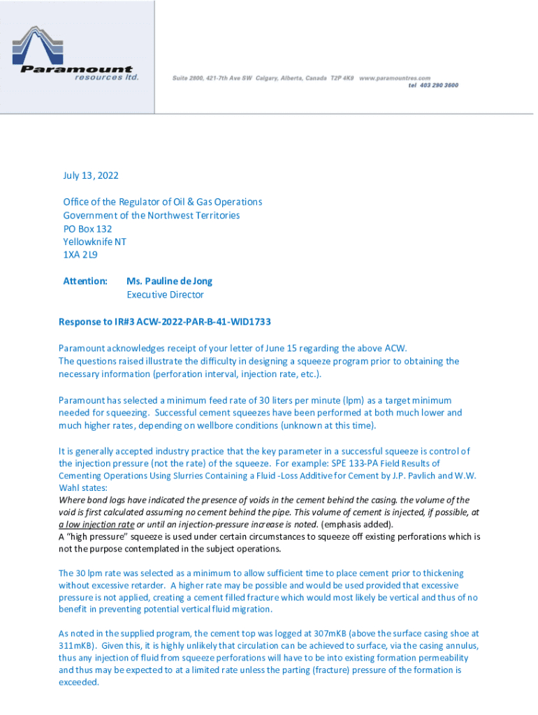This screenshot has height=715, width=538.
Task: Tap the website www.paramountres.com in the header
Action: (x=395, y=78)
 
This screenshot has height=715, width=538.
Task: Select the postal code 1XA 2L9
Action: (x=80, y=255)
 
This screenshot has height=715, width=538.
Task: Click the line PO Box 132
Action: (x=87, y=228)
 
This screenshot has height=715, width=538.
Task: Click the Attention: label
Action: (x=85, y=281)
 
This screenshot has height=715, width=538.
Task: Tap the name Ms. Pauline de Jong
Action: (x=169, y=281)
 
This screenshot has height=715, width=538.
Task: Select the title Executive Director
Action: (x=165, y=294)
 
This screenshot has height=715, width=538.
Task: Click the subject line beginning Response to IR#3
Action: (x=165, y=322)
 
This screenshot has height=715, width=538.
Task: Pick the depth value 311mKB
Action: (x=80, y=646)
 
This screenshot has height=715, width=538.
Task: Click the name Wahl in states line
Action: (x=71, y=489)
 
